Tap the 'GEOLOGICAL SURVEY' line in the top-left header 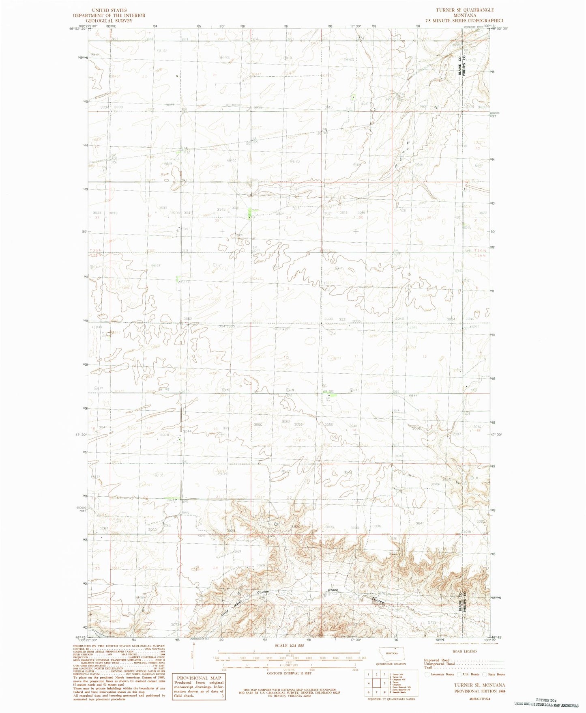109,20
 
